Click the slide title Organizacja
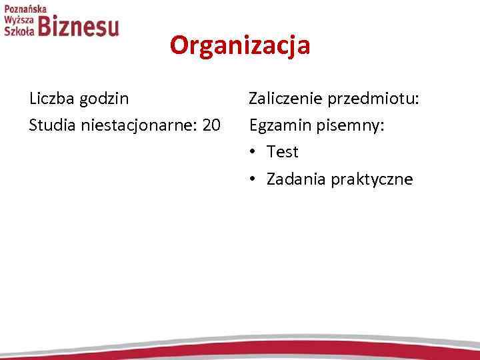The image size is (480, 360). [x=239, y=46]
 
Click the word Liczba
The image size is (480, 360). [x=51, y=99]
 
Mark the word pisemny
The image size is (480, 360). [x=353, y=126]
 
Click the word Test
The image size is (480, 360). [x=283, y=152]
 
